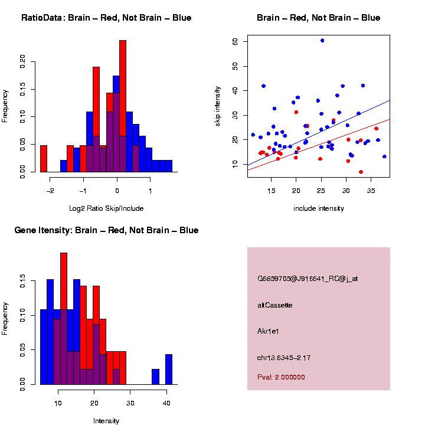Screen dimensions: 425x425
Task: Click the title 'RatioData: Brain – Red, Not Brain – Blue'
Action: pyautogui.click(x=106, y=18)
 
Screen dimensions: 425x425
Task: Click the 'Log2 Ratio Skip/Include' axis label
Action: pyautogui.click(x=106, y=208)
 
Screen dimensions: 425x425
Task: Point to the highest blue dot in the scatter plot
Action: pyautogui.click(x=322, y=40)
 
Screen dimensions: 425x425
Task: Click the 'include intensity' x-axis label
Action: pyautogui.click(x=319, y=208)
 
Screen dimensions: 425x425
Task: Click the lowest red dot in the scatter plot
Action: pyautogui.click(x=361, y=172)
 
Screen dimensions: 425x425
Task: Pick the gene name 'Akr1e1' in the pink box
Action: pyautogui.click(x=268, y=331)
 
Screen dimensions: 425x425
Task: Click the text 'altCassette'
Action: pyautogui.click(x=275, y=305)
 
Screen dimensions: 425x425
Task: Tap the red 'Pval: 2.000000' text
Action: pyautogui.click(x=281, y=377)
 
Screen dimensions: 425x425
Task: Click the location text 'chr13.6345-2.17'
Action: pyautogui.click(x=284, y=357)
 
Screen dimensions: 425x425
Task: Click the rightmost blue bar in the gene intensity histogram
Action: pyautogui.click(x=169, y=370)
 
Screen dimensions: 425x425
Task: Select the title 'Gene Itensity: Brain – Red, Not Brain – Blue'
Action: pyautogui.click(x=106, y=230)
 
